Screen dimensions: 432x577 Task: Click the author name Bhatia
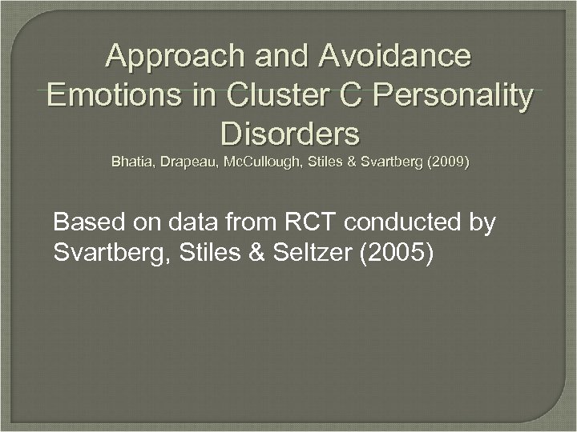pos(132,162)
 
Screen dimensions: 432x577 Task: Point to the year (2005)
pos(397,254)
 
